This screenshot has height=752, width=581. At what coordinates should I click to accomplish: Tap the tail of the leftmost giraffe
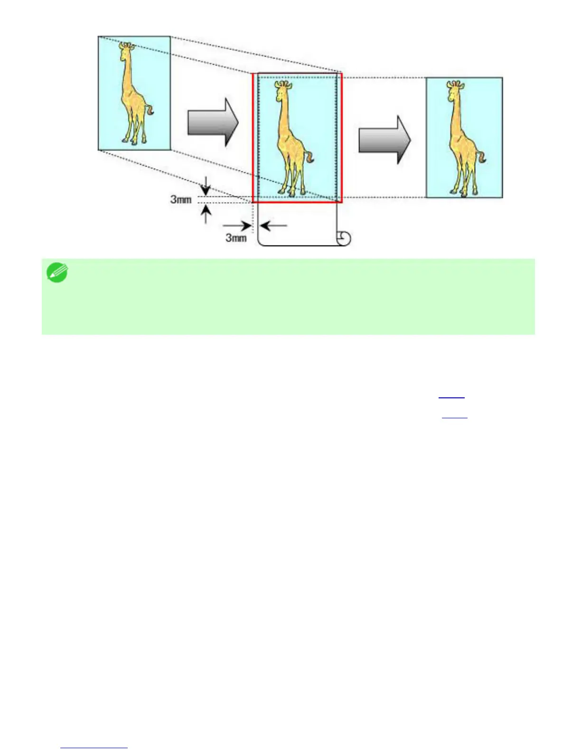coord(150,111)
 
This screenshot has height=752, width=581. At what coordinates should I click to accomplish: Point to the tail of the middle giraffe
coord(311,157)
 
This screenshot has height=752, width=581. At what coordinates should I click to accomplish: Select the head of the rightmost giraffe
coord(454,88)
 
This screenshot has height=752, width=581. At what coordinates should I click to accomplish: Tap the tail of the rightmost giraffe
coord(484,157)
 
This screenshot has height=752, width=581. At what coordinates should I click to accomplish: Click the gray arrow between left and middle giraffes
coord(213,123)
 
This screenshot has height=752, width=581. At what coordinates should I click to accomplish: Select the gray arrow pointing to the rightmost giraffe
coord(384,140)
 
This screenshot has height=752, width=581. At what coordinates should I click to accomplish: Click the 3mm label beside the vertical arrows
coord(181,199)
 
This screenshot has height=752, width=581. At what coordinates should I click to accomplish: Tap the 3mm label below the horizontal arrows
coord(236,237)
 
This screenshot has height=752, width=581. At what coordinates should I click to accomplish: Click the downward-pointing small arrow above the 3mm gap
coord(205,185)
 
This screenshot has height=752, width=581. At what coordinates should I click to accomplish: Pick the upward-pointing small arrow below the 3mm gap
coord(206,214)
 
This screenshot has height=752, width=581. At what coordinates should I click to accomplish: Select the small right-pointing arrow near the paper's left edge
coord(237,226)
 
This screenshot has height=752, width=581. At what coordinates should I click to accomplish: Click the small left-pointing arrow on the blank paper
coord(273,226)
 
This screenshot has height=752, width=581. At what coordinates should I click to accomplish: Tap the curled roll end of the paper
coord(344,238)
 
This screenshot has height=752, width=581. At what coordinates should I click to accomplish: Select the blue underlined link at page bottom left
coord(94,748)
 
